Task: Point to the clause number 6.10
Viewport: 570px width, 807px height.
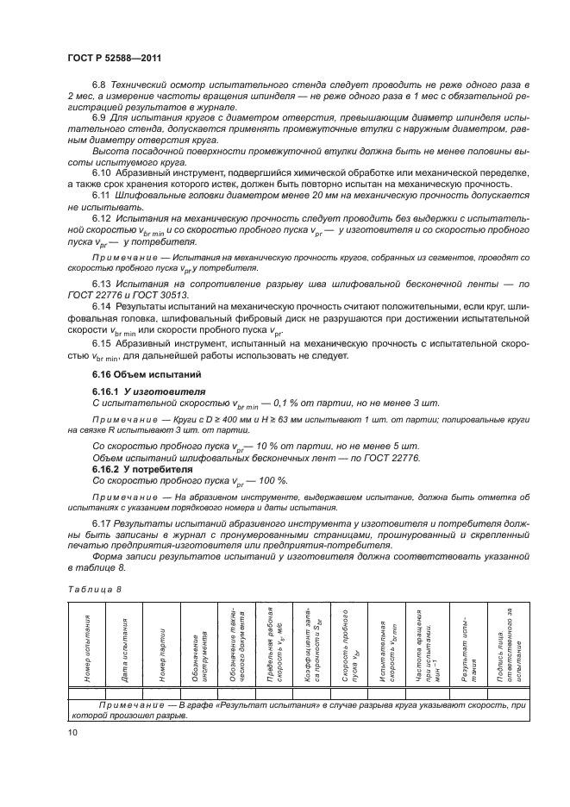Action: [x=103, y=172]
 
